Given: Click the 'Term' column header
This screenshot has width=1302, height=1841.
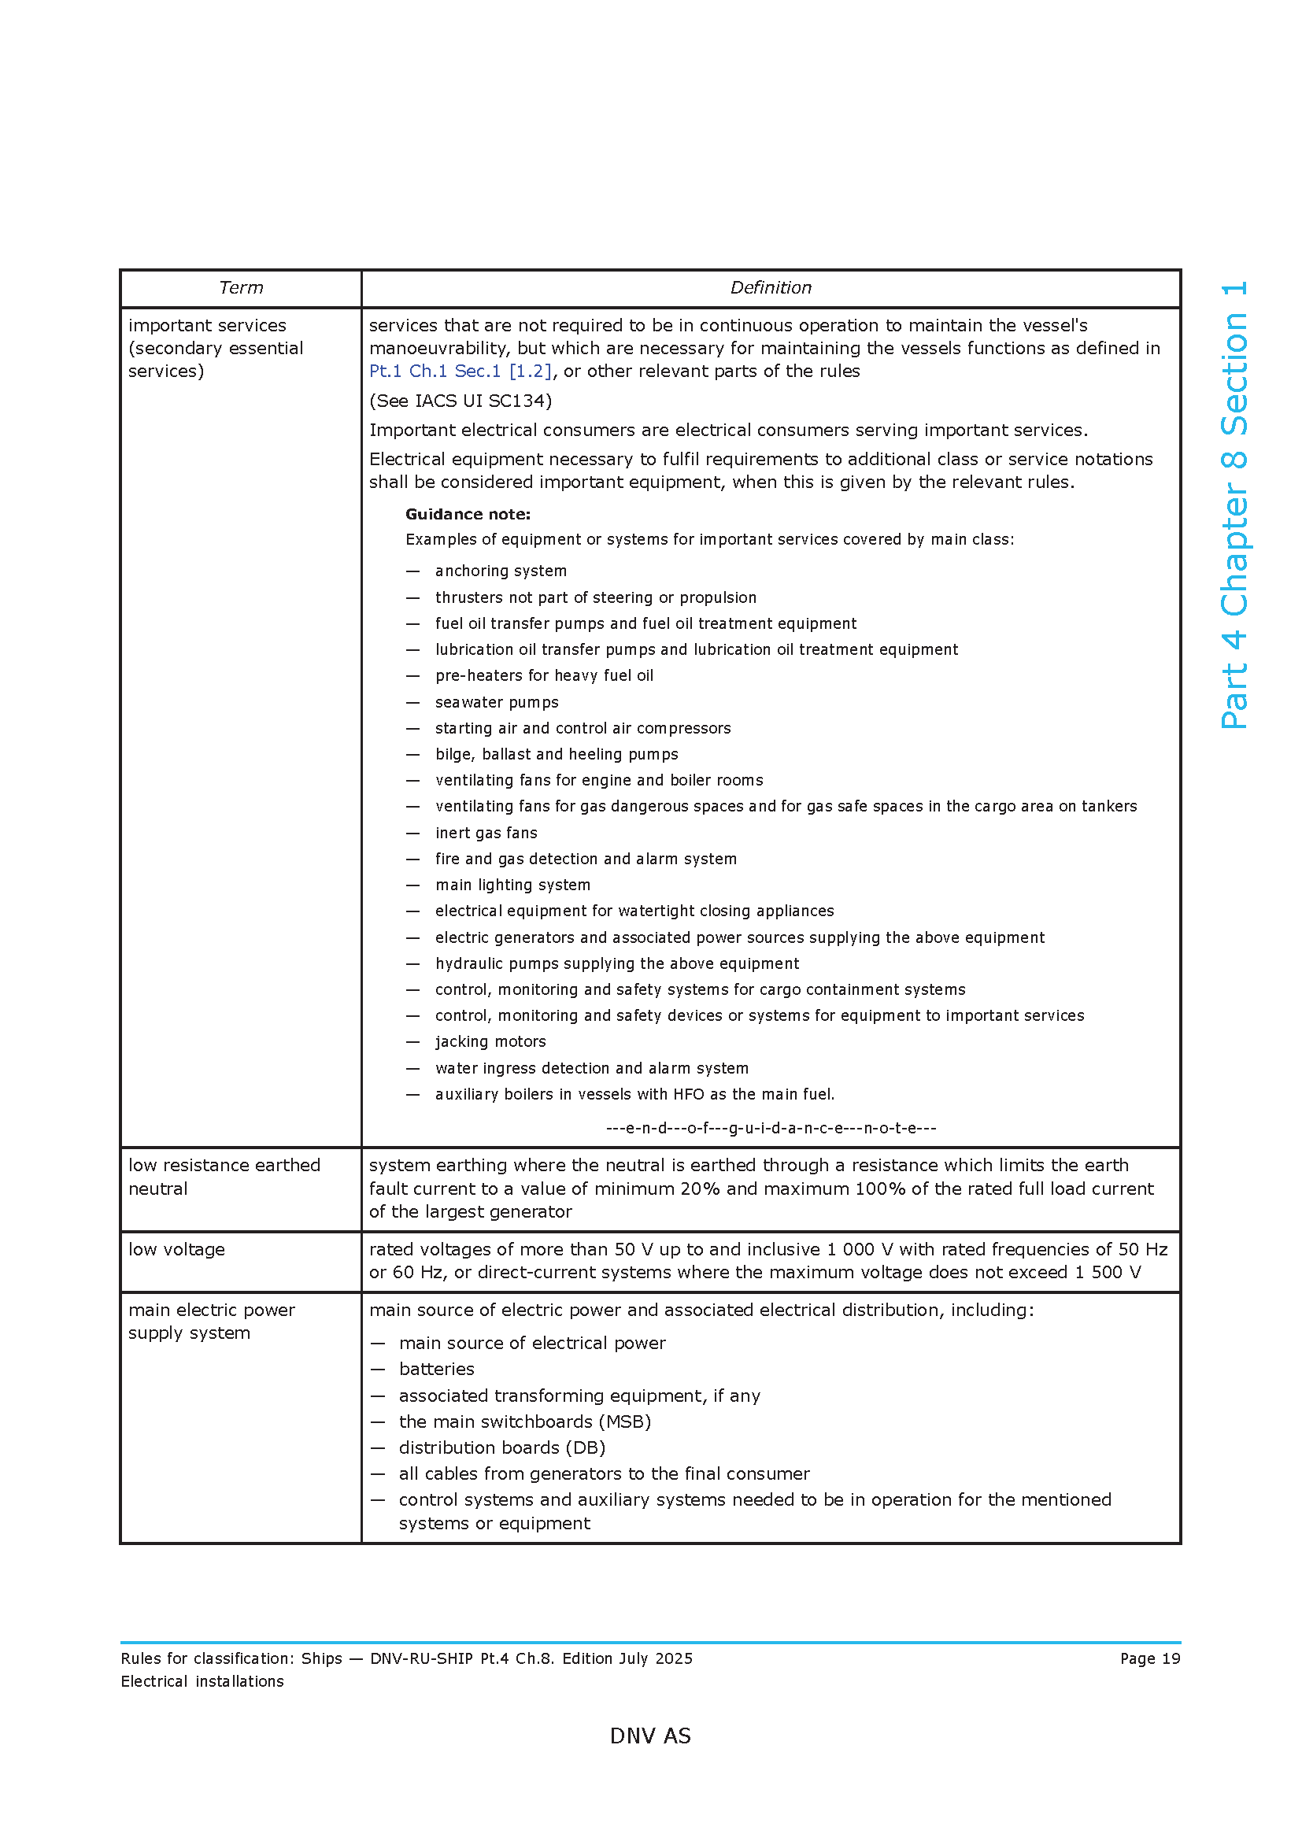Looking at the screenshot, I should pyautogui.click(x=241, y=288).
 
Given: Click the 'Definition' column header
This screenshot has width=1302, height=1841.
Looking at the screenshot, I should pyautogui.click(x=770, y=288).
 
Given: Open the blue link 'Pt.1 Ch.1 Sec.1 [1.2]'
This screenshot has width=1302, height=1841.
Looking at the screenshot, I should pyautogui.click(x=461, y=372).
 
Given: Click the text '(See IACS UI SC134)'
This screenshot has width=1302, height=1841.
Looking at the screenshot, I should pyautogui.click(x=461, y=401).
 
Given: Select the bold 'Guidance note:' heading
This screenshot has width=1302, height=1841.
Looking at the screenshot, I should pyautogui.click(x=468, y=514).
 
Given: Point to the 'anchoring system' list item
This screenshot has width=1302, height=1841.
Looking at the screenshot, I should pyautogui.click(x=501, y=571).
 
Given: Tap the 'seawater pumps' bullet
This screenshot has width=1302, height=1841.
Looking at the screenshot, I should pyautogui.click(x=496, y=702).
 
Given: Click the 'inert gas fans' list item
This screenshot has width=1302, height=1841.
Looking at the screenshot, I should pyautogui.click(x=486, y=833).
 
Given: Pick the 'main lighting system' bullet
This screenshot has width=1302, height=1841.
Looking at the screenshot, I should pyautogui.click(x=512, y=885).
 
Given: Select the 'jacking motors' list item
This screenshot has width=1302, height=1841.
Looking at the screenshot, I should pyautogui.click(x=490, y=1041).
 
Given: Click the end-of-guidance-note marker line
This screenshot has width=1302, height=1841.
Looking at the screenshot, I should pyautogui.click(x=771, y=1128).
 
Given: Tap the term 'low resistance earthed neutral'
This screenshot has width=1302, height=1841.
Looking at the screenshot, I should pyautogui.click(x=224, y=1176).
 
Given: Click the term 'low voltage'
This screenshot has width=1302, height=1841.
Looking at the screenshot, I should pyautogui.click(x=176, y=1249).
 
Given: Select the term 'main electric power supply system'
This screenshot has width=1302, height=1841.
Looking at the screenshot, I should pyautogui.click(x=211, y=1321).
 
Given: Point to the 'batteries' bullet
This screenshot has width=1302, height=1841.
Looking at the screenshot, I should pyautogui.click(x=436, y=1369).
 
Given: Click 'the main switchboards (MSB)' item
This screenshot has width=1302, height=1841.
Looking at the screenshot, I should pyautogui.click(x=524, y=1421).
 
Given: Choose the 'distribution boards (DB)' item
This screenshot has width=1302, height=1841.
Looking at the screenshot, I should pyautogui.click(x=502, y=1447).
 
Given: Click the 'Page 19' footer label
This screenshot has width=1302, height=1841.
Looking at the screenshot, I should pyautogui.click(x=1149, y=1658).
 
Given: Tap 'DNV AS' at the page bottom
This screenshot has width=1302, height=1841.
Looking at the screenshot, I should pyautogui.click(x=650, y=1736).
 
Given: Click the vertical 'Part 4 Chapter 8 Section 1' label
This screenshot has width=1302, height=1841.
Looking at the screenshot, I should pyautogui.click(x=1234, y=505).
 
